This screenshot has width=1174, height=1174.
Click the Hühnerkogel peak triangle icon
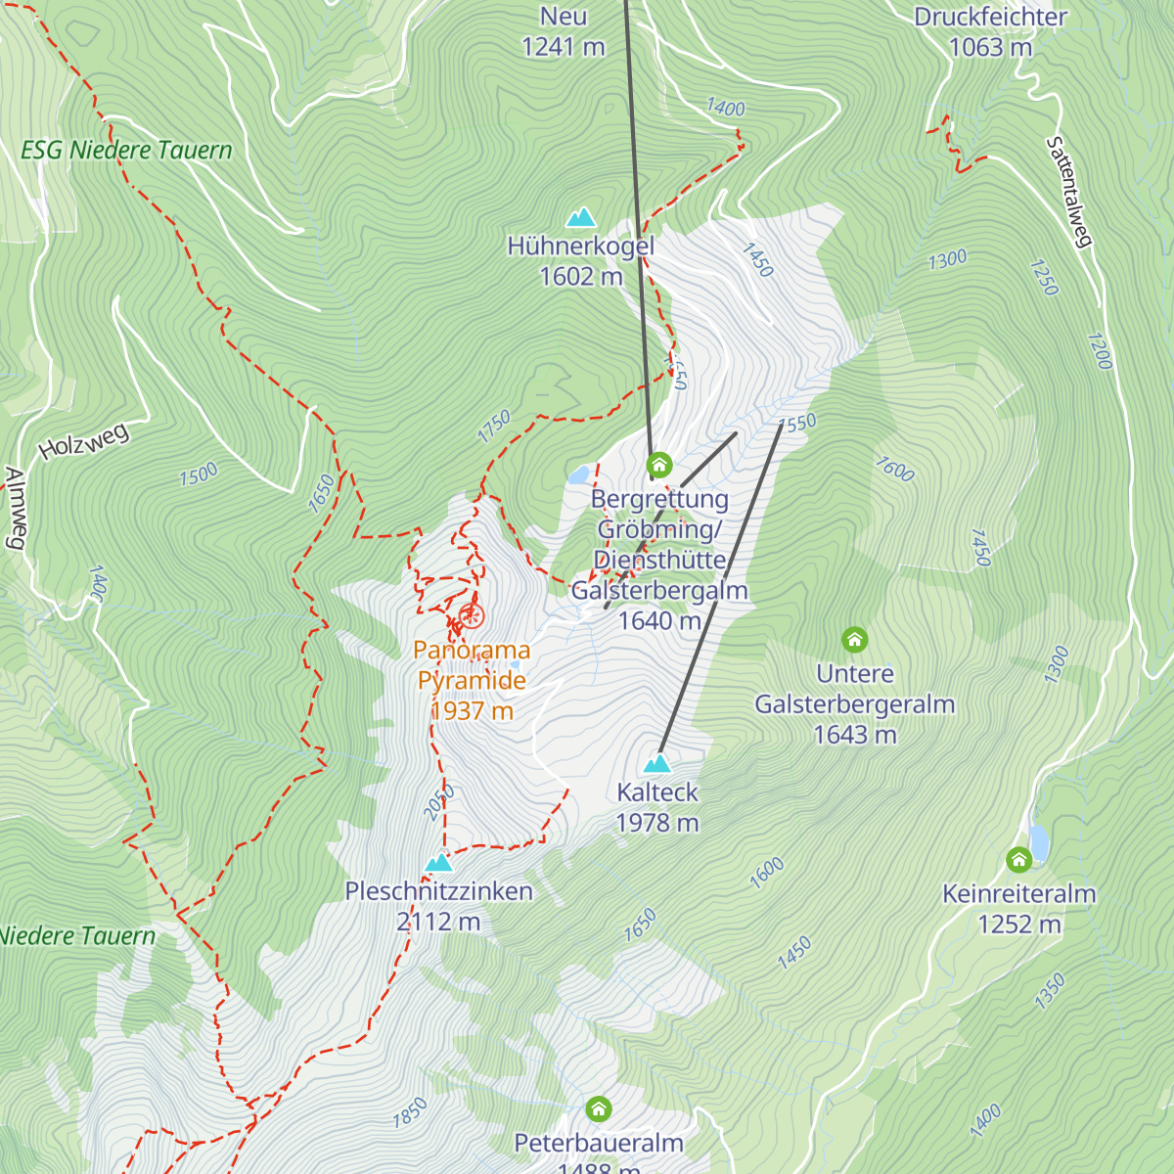pos(581,217)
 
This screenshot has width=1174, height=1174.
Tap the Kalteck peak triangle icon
pos(657,763)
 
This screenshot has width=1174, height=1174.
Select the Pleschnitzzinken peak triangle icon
pos(439,863)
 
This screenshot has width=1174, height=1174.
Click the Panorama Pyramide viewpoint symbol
pos(472,616)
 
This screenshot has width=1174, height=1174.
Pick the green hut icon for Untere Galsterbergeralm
pos(855,641)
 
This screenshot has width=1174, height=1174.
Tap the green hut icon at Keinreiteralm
pos(1018,860)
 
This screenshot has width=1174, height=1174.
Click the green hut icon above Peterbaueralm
pos(599,1109)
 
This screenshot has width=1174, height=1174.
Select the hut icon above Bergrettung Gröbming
pos(659,464)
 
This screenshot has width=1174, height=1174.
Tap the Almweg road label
pos(16,509)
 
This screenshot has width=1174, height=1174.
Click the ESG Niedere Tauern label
pos(126,151)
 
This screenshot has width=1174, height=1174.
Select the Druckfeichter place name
pos(990,17)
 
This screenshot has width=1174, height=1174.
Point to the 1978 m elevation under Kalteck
pos(657,823)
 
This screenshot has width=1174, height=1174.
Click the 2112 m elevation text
pos(438,922)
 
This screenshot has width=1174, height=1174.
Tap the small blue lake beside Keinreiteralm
pos(1039,842)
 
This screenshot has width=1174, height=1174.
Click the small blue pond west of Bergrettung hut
pos(579,475)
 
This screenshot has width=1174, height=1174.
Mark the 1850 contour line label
pos(410,1112)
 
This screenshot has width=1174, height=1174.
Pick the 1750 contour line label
pos(495,426)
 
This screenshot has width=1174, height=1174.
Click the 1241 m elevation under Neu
pos(564,47)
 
